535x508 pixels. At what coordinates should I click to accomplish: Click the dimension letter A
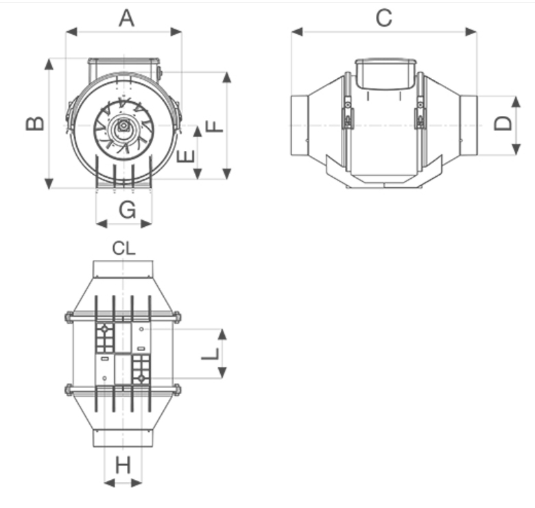pos(126,18)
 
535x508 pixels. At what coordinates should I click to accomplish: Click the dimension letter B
pos(36,123)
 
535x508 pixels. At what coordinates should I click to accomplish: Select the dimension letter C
pos(384,18)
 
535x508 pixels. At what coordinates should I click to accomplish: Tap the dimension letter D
pos(503,123)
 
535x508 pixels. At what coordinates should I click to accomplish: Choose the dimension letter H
pos(123,466)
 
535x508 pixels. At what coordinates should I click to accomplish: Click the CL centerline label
pos(124,249)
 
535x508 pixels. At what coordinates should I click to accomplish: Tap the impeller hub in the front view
pos(123,126)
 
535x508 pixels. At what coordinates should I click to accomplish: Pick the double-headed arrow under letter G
pos(124,223)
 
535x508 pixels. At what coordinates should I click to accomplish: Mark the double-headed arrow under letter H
pos(123,483)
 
